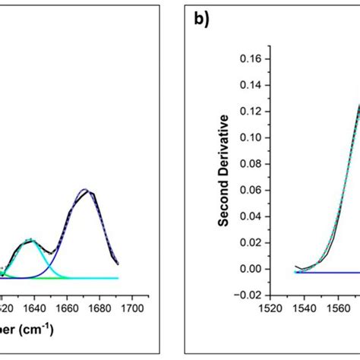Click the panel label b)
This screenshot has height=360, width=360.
(201, 21)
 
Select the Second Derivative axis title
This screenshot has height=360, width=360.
(223, 171)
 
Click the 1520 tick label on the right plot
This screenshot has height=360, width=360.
(270, 309)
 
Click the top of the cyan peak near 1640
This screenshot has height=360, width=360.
(30, 241)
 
